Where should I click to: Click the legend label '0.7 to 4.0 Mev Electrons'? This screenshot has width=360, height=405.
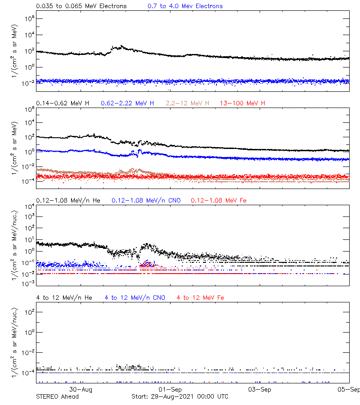(185, 6)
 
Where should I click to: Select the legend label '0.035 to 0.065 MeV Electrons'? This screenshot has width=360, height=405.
(81, 6)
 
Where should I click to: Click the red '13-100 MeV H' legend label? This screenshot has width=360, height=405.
(243, 103)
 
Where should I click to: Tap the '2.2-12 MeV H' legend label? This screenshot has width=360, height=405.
(188, 103)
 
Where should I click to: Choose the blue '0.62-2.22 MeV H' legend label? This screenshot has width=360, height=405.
(127, 103)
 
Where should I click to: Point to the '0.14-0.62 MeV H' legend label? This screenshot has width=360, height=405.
(63, 103)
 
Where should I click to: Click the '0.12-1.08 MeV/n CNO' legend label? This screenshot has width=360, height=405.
(146, 200)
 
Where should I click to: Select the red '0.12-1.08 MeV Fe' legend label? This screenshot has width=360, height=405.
(219, 200)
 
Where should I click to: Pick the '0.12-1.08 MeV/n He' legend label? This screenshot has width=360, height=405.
(68, 200)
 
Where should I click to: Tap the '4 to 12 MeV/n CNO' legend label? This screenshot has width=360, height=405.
(135, 297)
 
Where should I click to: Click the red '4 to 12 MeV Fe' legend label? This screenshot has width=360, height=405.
(200, 297)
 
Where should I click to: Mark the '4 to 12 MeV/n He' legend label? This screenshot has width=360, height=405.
(64, 297)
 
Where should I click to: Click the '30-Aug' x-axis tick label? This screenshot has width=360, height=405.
(81, 389)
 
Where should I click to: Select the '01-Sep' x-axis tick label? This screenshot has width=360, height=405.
(170, 389)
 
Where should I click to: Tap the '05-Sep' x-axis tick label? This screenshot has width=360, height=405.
(349, 389)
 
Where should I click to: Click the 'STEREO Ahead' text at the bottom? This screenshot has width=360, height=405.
(57, 396)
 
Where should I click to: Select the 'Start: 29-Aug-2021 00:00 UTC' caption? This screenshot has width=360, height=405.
(180, 396)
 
